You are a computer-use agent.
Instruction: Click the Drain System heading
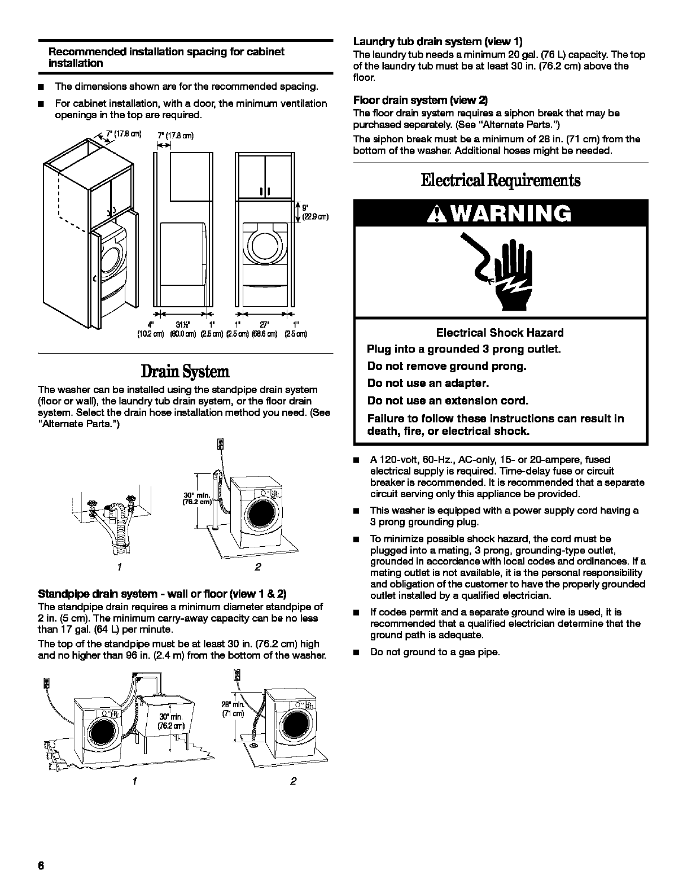pos(185,372)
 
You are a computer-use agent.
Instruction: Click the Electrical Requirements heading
pos(500,180)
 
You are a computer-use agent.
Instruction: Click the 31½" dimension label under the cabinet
pos(182,324)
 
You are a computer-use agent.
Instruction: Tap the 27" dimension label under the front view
pos(264,324)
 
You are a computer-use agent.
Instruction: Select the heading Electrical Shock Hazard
pos(500,333)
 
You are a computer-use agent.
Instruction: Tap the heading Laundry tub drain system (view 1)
pos(437,41)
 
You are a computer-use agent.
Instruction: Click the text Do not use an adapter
pos(428,384)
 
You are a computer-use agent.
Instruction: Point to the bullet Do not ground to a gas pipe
pos(435,652)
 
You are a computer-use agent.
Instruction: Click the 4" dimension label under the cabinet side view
pos(150,324)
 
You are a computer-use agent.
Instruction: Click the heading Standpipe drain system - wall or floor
pos(162,594)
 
